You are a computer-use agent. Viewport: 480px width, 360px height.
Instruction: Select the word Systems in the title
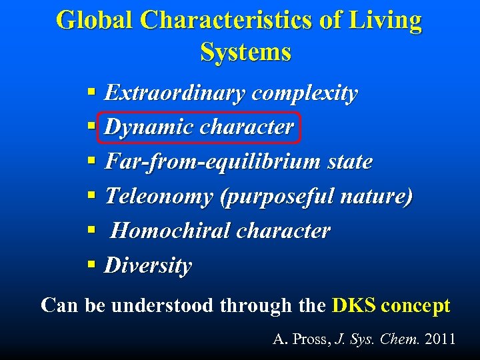(x=245, y=52)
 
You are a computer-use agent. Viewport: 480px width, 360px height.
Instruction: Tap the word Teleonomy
(x=159, y=197)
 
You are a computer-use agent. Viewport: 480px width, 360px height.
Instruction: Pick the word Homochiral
(x=169, y=231)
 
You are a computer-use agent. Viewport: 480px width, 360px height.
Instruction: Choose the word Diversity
(x=148, y=265)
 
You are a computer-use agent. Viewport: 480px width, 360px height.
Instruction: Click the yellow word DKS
(x=354, y=306)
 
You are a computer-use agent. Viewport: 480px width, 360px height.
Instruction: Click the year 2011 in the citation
(x=440, y=339)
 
